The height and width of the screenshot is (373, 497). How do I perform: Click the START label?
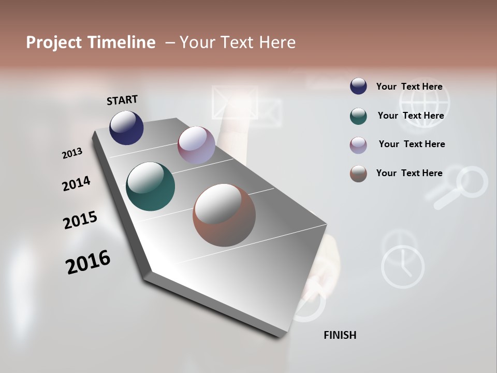tap(122, 99)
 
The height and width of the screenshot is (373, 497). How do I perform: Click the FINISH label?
tap(340, 335)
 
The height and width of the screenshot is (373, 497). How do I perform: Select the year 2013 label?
tap(72, 153)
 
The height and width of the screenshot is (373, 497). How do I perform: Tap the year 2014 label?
tap(76, 184)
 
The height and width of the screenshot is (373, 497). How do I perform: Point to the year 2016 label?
tap(88, 262)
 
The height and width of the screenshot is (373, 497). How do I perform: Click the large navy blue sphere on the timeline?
tap(126, 127)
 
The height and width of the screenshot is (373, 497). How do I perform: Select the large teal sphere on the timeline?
tap(150, 187)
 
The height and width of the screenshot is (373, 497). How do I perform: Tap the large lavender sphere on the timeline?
tap(196, 145)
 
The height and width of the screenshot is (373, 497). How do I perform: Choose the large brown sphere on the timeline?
tap(224, 215)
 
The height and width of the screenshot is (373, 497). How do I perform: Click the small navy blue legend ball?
tap(358, 87)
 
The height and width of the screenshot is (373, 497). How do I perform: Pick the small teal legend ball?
tap(358, 116)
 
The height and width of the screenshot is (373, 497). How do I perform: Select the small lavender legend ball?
tap(358, 145)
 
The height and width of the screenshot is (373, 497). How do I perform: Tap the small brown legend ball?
tap(358, 174)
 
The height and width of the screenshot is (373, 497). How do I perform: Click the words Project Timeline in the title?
tap(91, 42)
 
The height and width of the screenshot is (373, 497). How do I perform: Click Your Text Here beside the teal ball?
tap(411, 116)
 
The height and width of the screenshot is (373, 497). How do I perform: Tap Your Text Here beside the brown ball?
tap(409, 173)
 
